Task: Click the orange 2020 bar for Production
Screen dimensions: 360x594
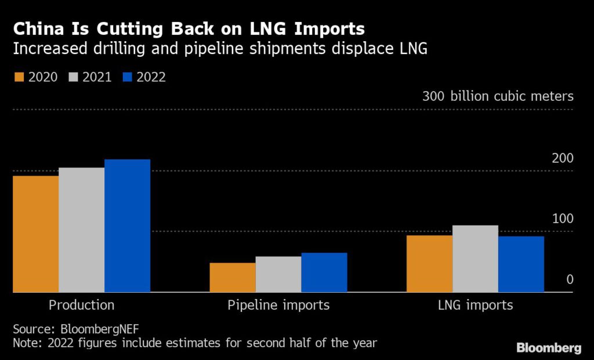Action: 35,234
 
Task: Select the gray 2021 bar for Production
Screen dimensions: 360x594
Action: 81,230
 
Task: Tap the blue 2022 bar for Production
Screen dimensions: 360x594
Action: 127,226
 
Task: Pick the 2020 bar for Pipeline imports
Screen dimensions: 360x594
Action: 232,278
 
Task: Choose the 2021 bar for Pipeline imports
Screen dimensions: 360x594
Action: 278,274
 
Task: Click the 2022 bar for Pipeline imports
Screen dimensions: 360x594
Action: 324,272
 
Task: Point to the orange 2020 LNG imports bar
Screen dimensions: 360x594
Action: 429,264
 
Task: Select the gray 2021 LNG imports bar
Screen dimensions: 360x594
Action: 475,259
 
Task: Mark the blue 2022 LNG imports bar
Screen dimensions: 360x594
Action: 521,264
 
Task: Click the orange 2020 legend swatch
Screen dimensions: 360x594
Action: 18,77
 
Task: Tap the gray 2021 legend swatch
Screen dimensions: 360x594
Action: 73,77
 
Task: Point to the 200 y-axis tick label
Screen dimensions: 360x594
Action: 562,158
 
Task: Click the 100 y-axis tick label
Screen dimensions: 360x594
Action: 562,219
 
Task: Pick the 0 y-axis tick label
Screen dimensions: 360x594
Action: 570,279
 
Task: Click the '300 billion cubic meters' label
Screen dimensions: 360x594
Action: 498,96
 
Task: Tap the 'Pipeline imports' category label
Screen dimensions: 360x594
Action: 278,305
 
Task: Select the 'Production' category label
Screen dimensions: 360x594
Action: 81,305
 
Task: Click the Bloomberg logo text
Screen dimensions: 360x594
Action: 548,348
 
